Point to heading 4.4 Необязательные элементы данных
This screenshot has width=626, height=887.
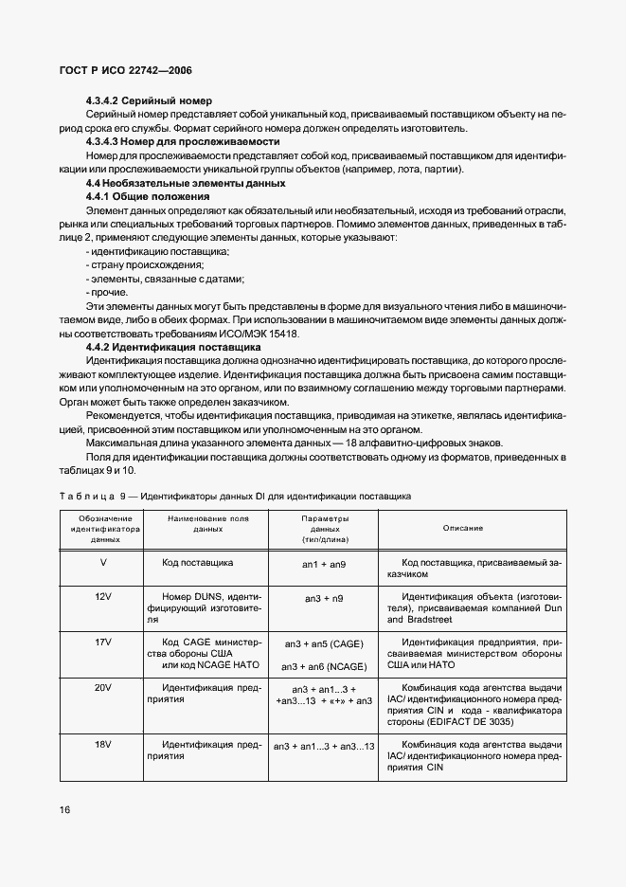click(185, 182)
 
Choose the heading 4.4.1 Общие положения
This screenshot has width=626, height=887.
click(141, 195)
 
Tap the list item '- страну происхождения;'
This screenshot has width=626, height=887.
click(137, 265)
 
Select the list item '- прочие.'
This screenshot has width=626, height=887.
click(106, 293)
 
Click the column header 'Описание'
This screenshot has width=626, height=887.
click(462, 527)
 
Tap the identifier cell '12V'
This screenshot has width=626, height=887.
click(105, 596)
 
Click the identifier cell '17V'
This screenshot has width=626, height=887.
click(105, 642)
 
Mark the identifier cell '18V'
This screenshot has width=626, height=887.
click(105, 746)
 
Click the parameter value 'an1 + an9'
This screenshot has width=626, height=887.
click(325, 563)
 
